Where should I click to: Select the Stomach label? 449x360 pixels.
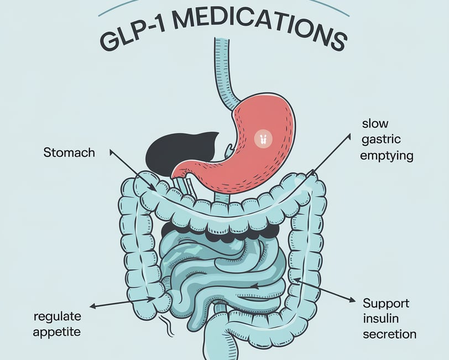tap(69, 152)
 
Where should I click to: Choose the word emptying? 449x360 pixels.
tap(387, 155)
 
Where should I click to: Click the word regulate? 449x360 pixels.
tap(58, 316)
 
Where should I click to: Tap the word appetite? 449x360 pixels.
tap(58, 332)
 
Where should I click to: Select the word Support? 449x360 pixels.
tap(386, 303)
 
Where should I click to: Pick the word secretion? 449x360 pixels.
tap(389, 334)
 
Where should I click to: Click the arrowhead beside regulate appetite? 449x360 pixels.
tap(92, 306)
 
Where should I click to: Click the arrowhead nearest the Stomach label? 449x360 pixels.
tap(111, 149)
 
